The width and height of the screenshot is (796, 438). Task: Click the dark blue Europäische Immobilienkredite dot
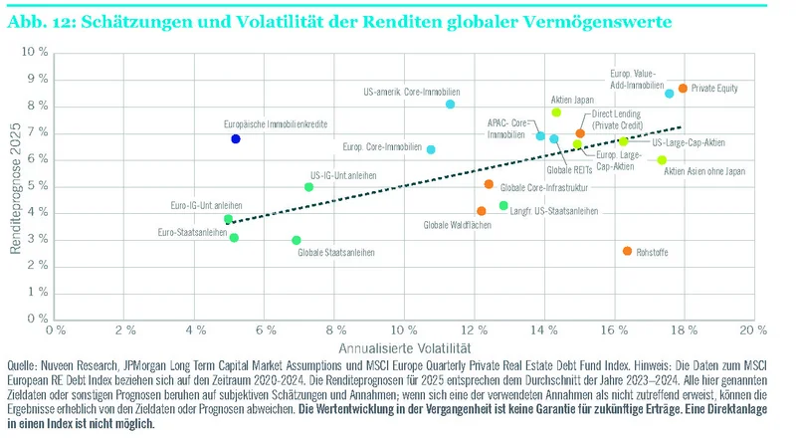coord(236,139)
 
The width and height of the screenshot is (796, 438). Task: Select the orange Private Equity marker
coord(683,89)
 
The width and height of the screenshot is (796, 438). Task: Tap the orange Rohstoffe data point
coord(627,251)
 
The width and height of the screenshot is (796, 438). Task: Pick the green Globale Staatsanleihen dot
coord(297,240)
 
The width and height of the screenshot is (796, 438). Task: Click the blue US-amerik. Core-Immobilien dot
coord(451,104)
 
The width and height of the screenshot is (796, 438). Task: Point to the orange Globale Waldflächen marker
coord(482,211)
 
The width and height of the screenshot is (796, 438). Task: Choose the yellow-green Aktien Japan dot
coord(556,112)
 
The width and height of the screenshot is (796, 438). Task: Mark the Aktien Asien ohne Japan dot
coord(662,159)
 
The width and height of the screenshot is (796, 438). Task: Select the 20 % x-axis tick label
coord(751,328)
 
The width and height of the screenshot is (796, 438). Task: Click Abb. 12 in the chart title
coord(37,20)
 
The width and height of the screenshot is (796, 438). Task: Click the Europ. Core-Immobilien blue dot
coord(431,149)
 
